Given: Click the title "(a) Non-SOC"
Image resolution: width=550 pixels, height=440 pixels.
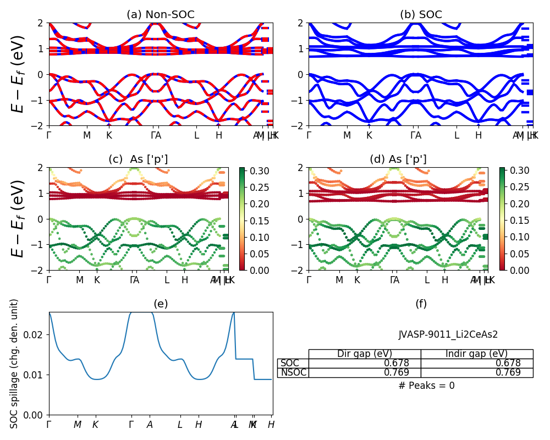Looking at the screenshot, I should (x=161, y=15).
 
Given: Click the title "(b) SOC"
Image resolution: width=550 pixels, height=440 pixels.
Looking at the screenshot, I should (x=421, y=15).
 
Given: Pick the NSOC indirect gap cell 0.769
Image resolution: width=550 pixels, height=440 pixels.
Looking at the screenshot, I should (x=477, y=372).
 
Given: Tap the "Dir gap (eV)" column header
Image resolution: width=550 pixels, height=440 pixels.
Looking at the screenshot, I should (x=365, y=354).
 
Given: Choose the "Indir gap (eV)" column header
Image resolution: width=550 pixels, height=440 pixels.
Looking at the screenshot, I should (x=477, y=354).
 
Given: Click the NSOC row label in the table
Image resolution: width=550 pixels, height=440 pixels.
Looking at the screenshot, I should (x=293, y=372).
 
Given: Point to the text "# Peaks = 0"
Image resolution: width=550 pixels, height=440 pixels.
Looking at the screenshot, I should (x=426, y=386).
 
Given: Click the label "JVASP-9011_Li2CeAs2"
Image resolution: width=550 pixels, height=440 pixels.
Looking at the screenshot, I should (x=448, y=334).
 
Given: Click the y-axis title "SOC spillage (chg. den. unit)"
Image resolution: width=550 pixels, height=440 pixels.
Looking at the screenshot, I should (x=15, y=364).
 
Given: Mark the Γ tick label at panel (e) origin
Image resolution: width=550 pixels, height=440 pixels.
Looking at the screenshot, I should (x=49, y=425).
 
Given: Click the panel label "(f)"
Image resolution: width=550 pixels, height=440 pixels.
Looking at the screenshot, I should (x=421, y=304).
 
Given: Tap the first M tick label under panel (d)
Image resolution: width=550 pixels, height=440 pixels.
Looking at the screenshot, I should (x=339, y=280).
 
